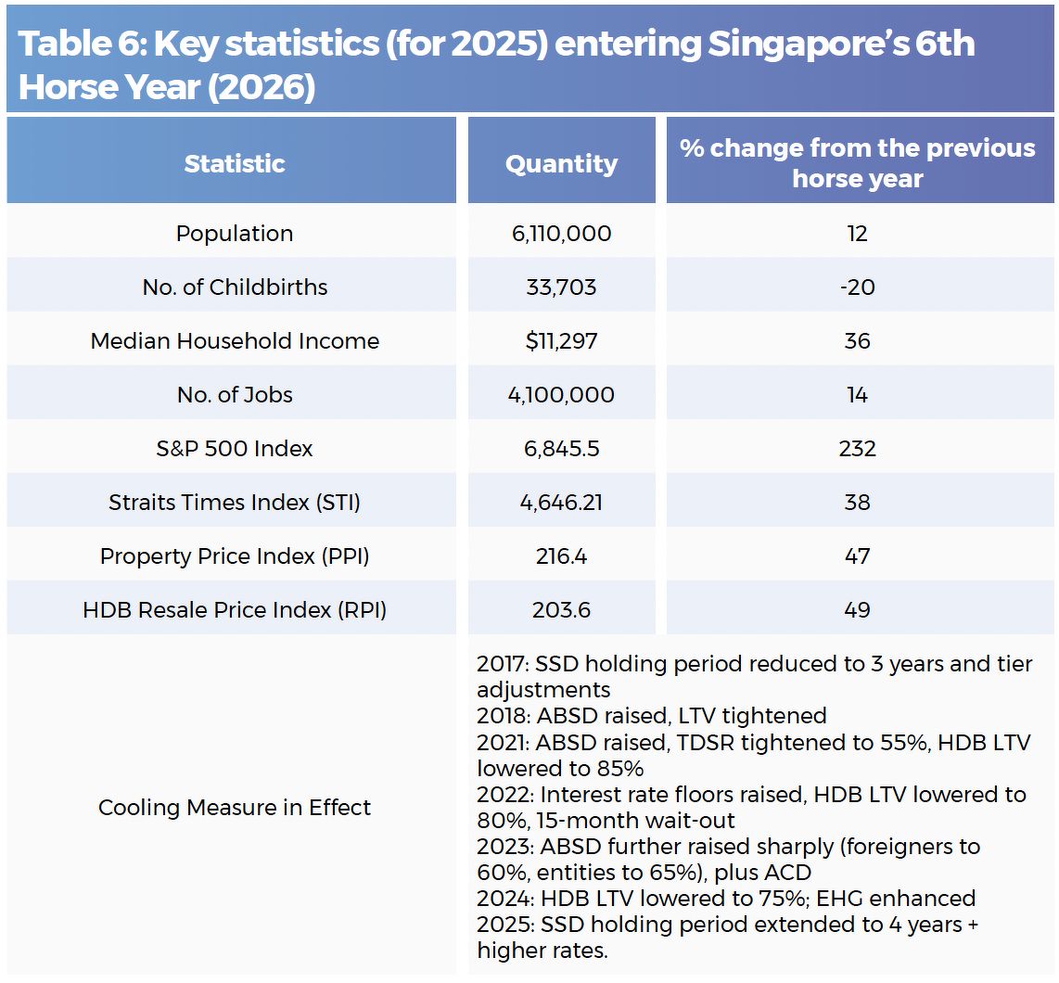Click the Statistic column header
pos(234,164)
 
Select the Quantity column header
pos(561,164)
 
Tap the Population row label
pos(235,234)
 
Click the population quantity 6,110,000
pos(561,234)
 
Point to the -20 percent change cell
pos(857,287)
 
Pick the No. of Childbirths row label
pos(235,287)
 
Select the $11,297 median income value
pos(561,341)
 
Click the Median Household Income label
pos(235,341)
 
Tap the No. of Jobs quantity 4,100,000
pos(561,395)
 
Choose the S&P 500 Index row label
pos(235,449)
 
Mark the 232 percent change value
pos(857,449)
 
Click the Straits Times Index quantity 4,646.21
pos(561,503)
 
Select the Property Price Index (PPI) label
pos(235,556)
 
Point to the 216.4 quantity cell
pos(561,556)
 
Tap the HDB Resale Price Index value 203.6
pos(561,610)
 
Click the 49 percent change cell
pos(857,610)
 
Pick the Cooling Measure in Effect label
pos(235,808)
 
